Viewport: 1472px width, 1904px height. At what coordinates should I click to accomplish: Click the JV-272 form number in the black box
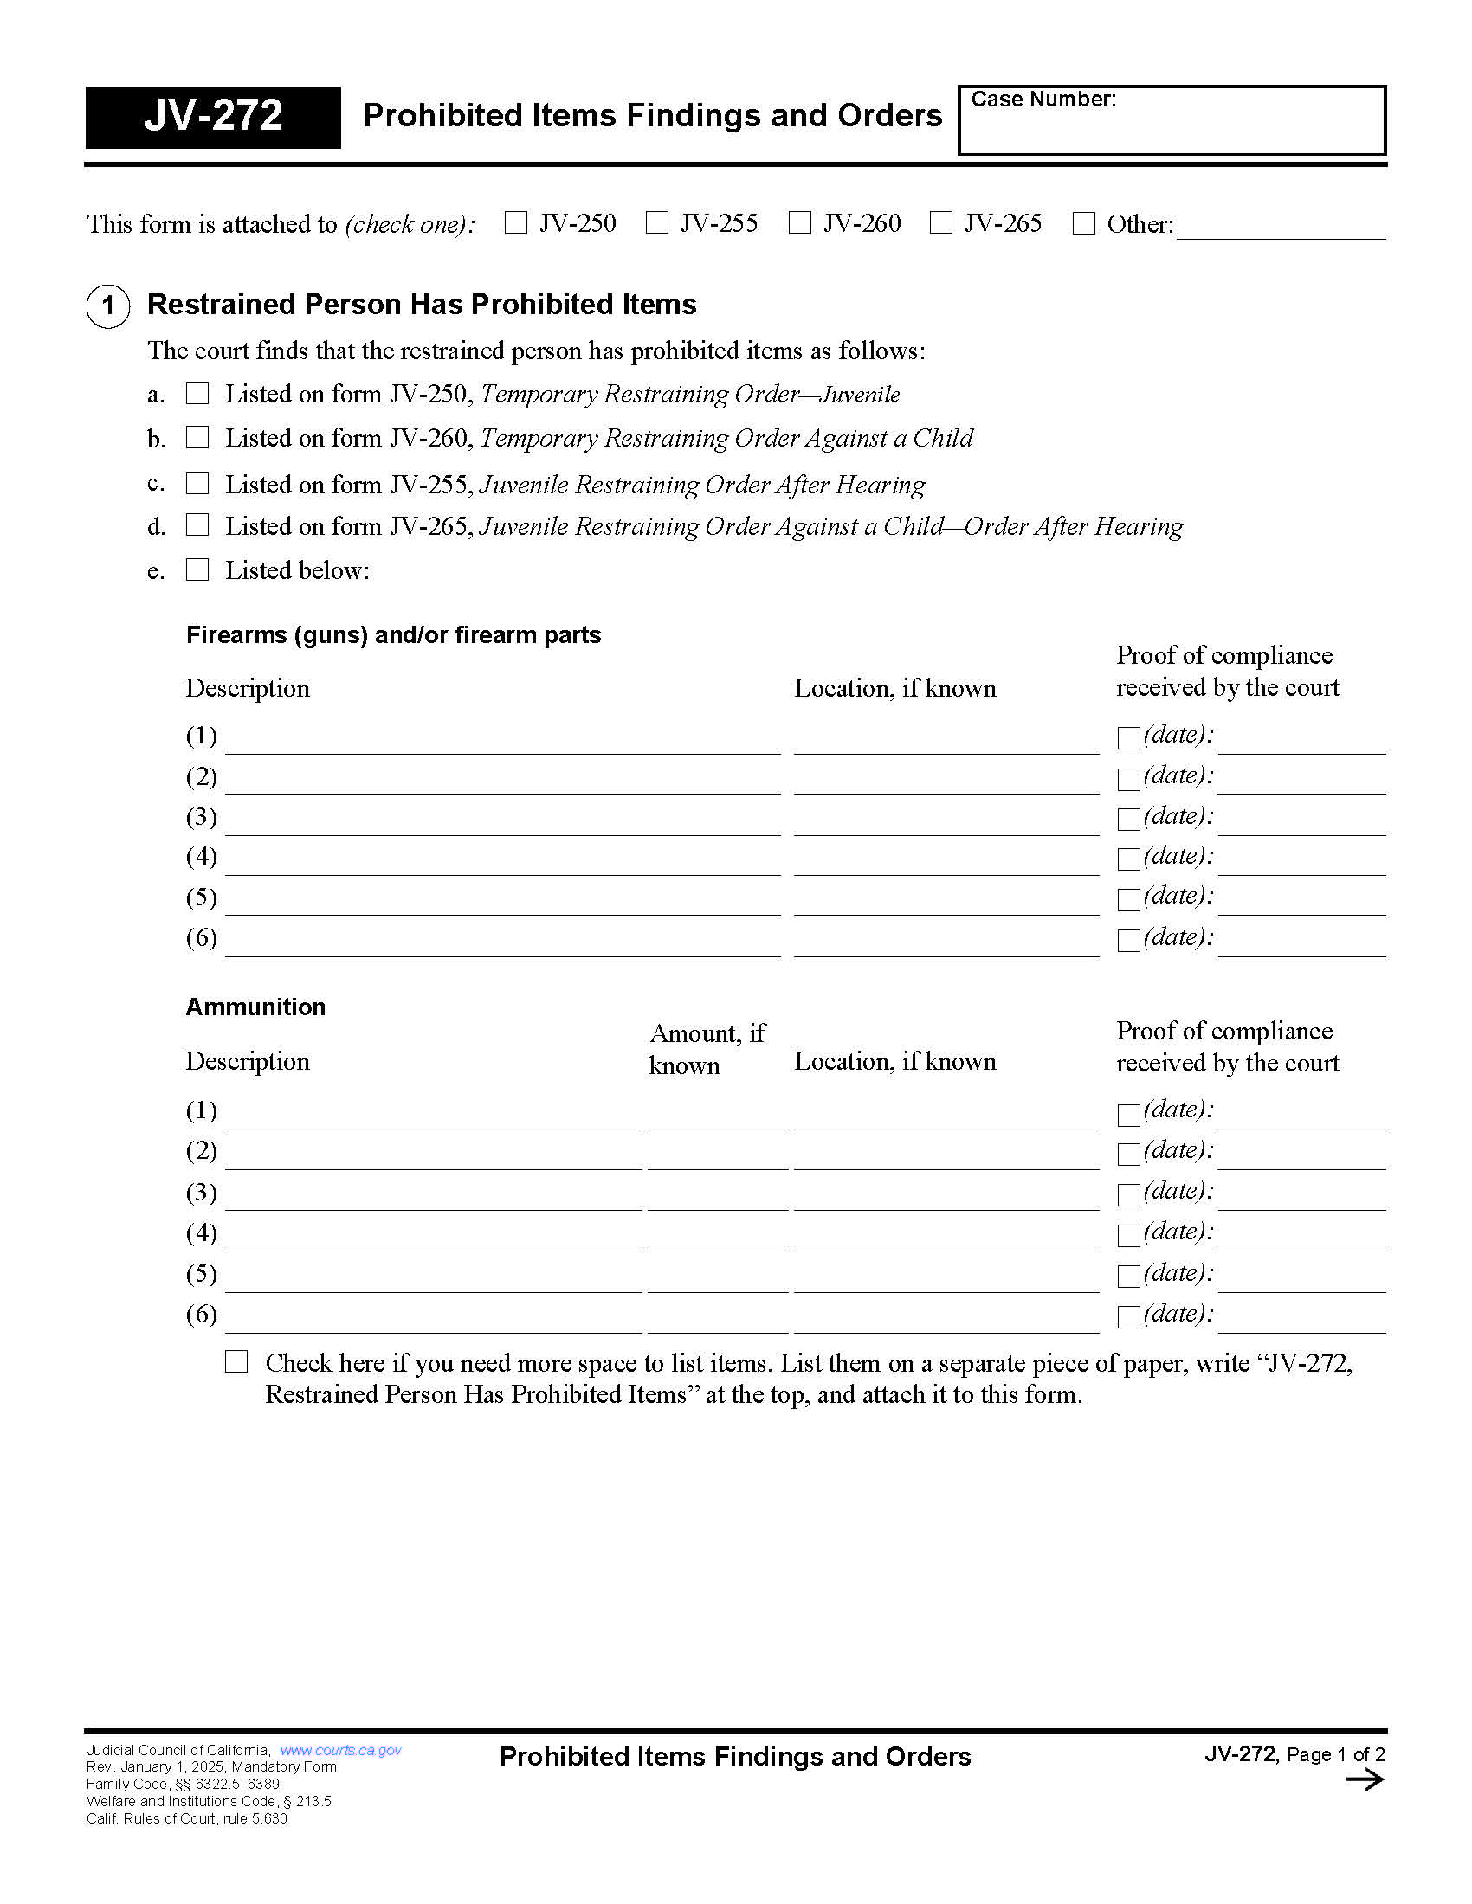coord(213,116)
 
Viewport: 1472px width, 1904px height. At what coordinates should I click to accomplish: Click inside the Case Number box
coord(1172,126)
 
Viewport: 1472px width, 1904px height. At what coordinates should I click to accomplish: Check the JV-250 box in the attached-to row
coord(516,223)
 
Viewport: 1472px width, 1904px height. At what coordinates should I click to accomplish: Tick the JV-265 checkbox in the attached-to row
coord(941,223)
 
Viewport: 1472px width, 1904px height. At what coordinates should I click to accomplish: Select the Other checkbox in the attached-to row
coord(1083,223)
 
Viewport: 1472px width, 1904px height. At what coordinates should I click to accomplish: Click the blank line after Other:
coord(1280,228)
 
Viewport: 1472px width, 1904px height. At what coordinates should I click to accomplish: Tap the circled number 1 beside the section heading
coord(108,306)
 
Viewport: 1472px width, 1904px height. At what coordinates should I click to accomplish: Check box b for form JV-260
coord(198,437)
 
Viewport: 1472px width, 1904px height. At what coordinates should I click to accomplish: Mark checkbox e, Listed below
coord(198,569)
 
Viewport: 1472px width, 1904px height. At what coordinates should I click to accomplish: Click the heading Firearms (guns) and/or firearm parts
coord(393,634)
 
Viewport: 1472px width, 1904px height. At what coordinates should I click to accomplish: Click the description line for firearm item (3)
coord(502,824)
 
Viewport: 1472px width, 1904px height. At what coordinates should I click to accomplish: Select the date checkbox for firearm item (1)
coord(1128,737)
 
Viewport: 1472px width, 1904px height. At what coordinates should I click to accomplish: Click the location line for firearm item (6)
coord(946,945)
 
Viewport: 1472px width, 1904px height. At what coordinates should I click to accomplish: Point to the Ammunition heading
coord(255,1007)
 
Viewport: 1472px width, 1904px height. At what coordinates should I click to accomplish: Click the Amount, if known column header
coord(707,1049)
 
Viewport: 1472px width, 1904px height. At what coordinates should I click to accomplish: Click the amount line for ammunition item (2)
coord(717,1158)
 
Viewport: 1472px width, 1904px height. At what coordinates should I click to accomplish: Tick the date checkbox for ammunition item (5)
coord(1128,1277)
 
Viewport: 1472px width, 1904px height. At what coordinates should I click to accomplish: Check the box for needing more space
coord(236,1361)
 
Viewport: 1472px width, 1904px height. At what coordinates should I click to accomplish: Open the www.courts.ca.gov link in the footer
coord(340,1751)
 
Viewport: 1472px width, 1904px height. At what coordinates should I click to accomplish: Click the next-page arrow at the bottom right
coord(1364,1780)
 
